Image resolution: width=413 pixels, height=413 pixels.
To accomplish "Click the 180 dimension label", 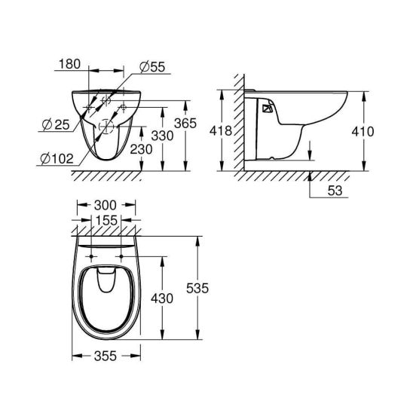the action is coord(69,64).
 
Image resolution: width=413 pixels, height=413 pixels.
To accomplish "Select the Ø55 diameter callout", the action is coord(152,67).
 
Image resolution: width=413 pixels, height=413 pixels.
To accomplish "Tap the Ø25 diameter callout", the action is coord(56,124).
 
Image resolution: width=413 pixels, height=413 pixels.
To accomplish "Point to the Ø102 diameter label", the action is coord(57,158).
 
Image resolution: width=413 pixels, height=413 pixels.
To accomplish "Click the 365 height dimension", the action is coord(185,123).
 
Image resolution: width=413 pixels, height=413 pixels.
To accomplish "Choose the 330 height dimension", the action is coord(162,136).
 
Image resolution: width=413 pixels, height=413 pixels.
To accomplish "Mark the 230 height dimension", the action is coord(142,150).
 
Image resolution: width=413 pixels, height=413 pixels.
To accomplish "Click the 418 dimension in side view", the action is coord(221,131).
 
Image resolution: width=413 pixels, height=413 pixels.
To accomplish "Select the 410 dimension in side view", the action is coord(363,132).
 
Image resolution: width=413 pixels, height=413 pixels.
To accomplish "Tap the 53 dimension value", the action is coord(335,191).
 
